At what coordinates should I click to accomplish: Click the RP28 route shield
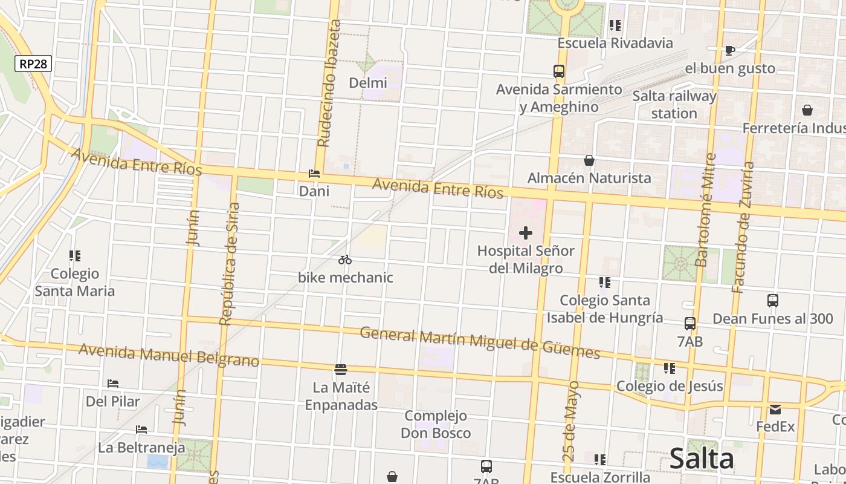(x=34, y=64)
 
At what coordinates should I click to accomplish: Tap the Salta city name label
(x=702, y=459)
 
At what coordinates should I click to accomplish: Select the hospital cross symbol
(x=526, y=233)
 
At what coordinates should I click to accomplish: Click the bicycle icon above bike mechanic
(x=345, y=260)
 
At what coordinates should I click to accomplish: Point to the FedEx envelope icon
(x=775, y=410)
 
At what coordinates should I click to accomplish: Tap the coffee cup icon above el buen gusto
(x=729, y=50)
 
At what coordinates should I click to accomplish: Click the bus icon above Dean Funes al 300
(x=772, y=301)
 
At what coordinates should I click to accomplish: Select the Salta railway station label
(x=674, y=105)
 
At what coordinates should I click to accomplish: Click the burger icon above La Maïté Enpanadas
(x=341, y=369)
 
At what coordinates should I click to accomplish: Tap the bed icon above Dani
(x=314, y=174)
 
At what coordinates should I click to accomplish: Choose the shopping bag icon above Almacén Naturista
(x=589, y=160)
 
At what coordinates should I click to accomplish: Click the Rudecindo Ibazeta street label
(x=329, y=83)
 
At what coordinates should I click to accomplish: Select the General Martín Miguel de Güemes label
(x=480, y=342)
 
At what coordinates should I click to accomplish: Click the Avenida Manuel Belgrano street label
(x=169, y=355)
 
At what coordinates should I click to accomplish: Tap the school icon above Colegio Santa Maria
(x=74, y=256)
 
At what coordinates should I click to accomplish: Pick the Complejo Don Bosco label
(x=436, y=424)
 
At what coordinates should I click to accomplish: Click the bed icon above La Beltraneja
(x=141, y=430)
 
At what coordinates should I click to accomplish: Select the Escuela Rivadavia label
(x=615, y=43)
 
